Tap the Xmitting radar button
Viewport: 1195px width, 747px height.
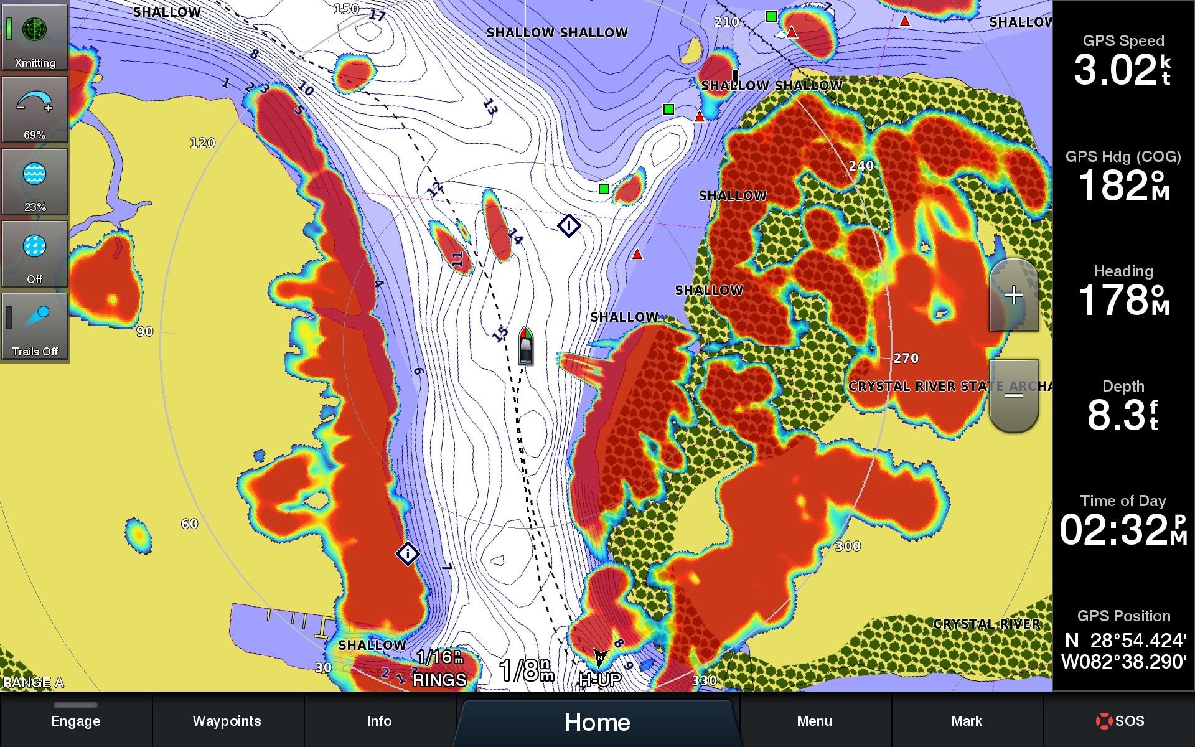click(35, 37)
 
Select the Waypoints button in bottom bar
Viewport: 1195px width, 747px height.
click(227, 721)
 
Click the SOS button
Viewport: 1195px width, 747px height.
click(1120, 721)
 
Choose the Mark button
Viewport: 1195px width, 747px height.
click(966, 721)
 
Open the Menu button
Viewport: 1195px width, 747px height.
click(814, 721)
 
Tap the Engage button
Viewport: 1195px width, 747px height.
click(75, 721)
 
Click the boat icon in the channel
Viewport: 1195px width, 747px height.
click(526, 346)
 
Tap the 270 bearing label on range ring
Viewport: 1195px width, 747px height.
click(906, 359)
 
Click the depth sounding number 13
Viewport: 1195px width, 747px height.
click(490, 107)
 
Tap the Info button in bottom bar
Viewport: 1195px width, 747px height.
click(379, 721)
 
